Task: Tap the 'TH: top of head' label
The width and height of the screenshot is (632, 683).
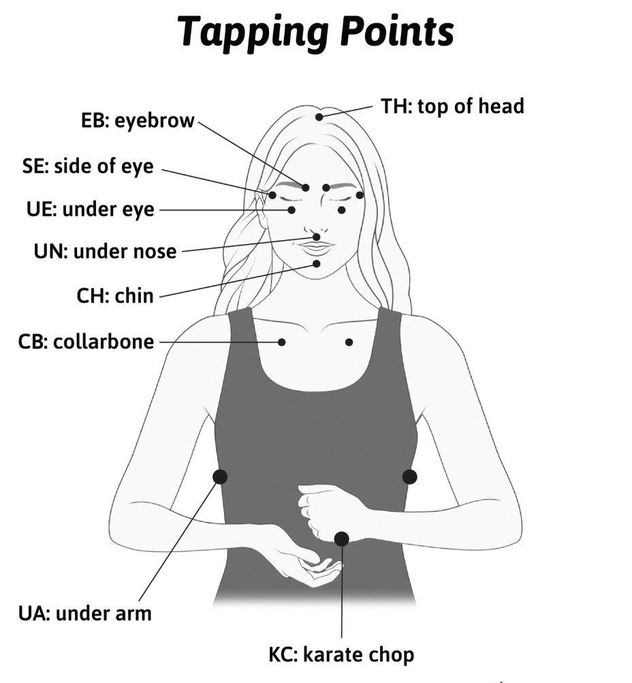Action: [452, 106]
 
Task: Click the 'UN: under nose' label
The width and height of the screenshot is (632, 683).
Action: [105, 252]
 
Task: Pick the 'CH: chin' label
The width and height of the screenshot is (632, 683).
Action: [115, 296]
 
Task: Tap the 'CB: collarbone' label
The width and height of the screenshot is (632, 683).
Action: [86, 341]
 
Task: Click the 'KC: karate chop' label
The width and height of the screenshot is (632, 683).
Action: [341, 656]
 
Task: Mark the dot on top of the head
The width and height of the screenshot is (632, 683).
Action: [319, 117]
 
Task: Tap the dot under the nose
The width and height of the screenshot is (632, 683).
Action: [317, 237]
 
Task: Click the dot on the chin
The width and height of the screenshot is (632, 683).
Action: [317, 263]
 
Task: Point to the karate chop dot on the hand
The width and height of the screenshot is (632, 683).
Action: [342, 539]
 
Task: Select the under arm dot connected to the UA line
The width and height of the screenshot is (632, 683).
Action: [220, 476]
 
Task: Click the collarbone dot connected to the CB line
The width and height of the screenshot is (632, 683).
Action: [282, 342]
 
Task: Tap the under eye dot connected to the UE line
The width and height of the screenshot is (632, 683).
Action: [291, 210]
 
